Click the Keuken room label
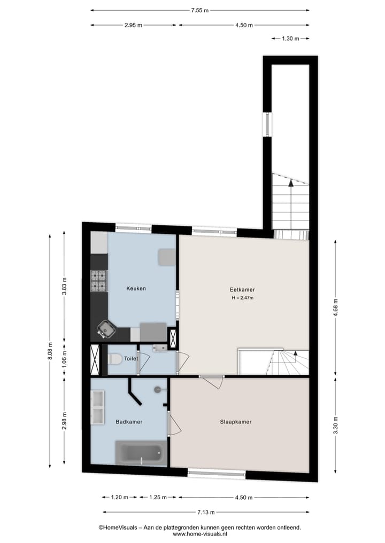coord(136,288)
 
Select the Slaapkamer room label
coord(235,422)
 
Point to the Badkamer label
coord(129,422)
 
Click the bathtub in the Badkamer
coord(140,453)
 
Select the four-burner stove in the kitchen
coord(99,281)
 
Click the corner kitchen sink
coord(108,330)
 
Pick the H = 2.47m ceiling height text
coord(242,298)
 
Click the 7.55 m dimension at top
coord(200,10)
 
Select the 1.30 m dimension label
coord(289,38)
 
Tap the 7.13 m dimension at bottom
coord(203,512)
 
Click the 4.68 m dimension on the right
coord(335,308)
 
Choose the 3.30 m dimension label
coord(335,425)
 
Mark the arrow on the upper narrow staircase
coord(290,183)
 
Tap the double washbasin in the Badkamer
coord(98,407)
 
